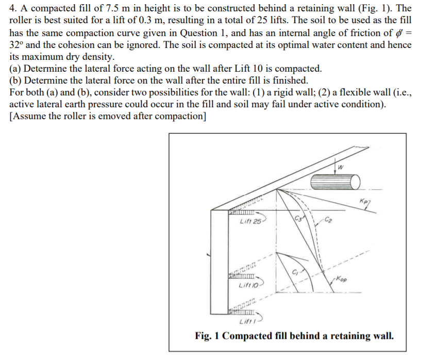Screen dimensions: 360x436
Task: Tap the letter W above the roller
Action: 341,166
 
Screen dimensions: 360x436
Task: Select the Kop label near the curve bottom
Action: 342,279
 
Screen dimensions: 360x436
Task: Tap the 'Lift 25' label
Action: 250,222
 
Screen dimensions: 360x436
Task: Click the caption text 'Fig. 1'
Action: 208,336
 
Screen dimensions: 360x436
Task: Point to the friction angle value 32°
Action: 16,44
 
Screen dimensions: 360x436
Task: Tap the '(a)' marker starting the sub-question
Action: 15,68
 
